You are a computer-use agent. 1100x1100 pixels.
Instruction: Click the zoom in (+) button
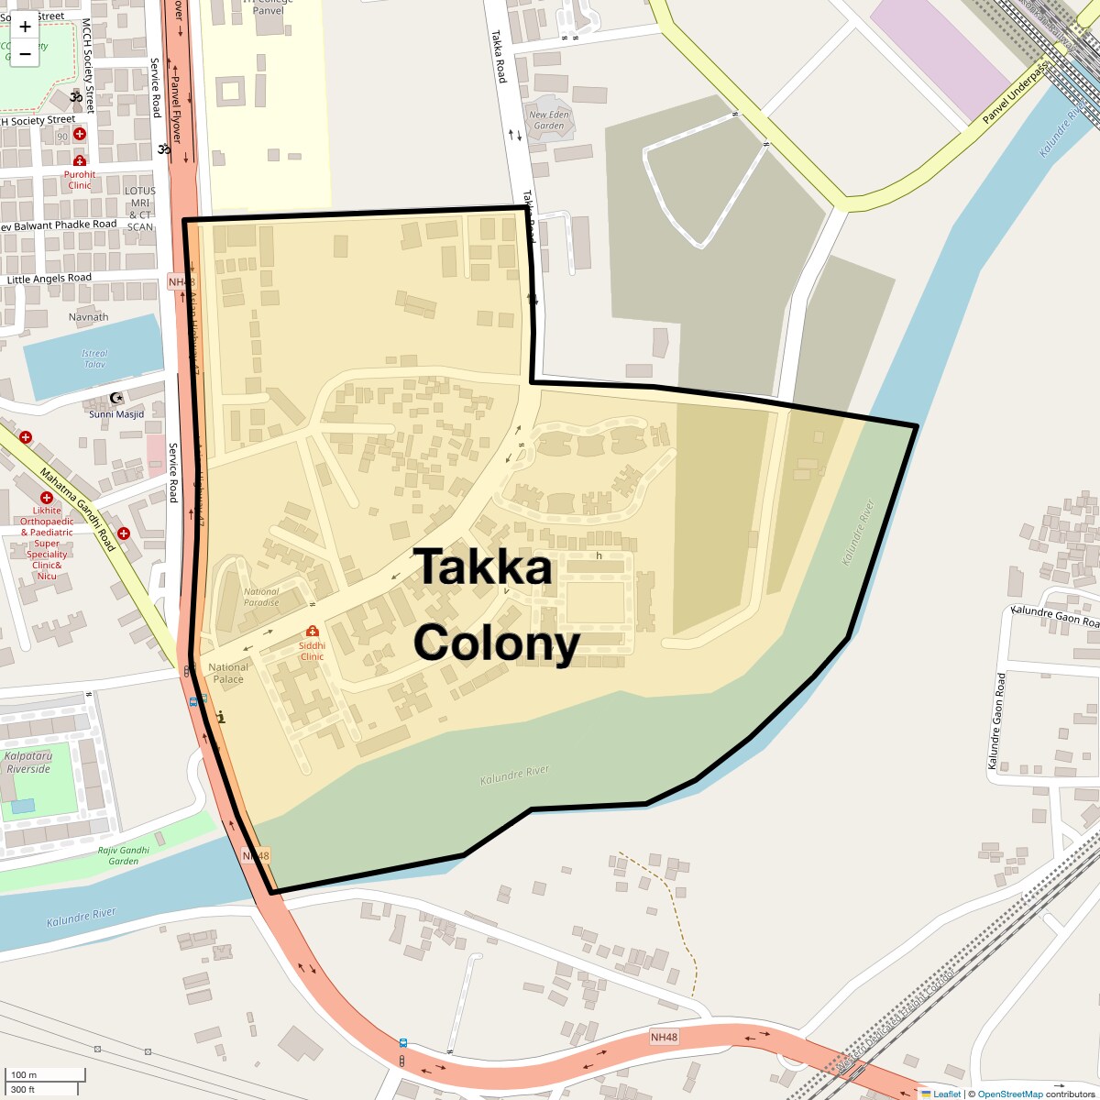(x=25, y=26)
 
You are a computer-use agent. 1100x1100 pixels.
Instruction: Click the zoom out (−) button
(x=25, y=54)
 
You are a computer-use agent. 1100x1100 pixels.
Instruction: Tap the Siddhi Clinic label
(x=312, y=651)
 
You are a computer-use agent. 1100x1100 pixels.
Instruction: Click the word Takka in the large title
(x=483, y=567)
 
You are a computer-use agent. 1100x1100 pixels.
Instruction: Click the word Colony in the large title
(x=496, y=643)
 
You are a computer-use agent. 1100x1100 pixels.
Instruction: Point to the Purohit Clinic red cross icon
(x=80, y=161)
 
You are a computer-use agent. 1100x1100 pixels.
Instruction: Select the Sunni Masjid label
(x=116, y=413)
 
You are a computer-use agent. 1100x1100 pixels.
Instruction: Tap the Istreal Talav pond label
(x=94, y=358)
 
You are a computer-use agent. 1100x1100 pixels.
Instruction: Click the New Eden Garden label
(x=549, y=120)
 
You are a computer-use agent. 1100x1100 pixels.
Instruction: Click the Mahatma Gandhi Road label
(x=78, y=509)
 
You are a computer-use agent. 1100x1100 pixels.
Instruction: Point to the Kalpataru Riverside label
(x=28, y=763)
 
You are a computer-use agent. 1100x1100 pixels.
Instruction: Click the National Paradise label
(x=261, y=597)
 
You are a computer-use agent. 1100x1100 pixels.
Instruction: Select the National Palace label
(x=228, y=673)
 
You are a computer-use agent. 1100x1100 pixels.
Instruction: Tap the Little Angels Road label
(x=49, y=279)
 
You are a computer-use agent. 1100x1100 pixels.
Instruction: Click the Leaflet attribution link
(x=946, y=1094)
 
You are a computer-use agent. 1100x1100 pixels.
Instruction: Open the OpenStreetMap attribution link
(x=1009, y=1094)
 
